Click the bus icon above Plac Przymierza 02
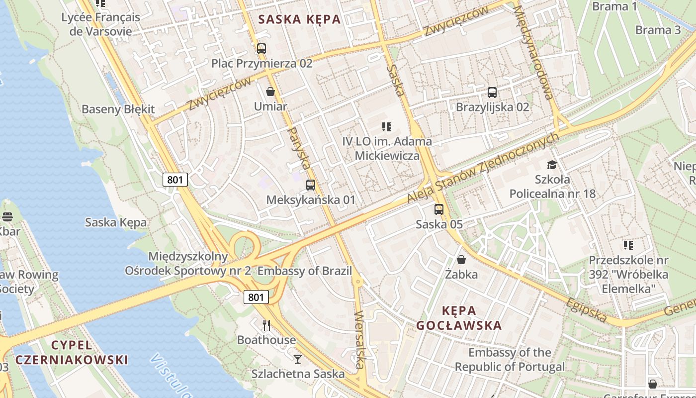click(261, 49)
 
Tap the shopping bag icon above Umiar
click(270, 92)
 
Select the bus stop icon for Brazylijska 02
click(492, 92)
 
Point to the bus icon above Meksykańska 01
click(311, 185)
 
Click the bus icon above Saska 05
click(439, 209)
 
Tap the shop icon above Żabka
click(461, 260)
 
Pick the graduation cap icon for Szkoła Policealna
click(552, 165)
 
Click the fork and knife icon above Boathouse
click(266, 325)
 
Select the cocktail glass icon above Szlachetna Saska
click(298, 359)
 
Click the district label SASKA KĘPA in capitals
click(300, 19)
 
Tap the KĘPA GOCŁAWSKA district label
click(459, 318)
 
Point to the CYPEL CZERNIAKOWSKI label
click(72, 352)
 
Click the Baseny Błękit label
click(118, 109)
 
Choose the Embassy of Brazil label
click(304, 271)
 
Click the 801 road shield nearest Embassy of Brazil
click(256, 298)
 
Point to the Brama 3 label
click(658, 30)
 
